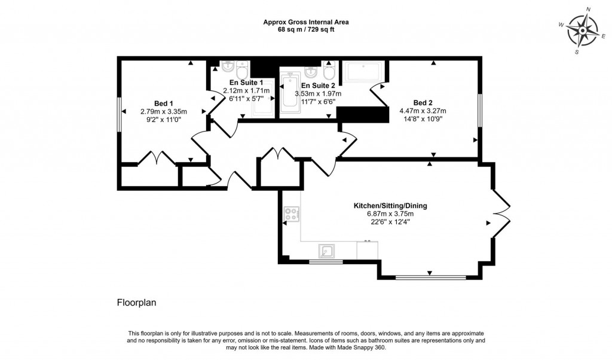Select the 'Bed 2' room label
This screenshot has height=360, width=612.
pos(423,102)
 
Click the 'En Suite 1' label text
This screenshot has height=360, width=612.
pos(246,83)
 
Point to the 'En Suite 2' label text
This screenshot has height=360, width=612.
pos(318,86)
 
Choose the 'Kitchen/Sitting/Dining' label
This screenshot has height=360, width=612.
pos(390,206)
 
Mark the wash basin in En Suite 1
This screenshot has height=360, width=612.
pos(227,66)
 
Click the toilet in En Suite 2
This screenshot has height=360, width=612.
pos(328,71)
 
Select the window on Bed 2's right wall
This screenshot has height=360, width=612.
pos(480,110)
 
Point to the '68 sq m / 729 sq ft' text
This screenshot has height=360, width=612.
pos(306,29)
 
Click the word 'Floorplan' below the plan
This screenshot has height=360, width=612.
pos(136,303)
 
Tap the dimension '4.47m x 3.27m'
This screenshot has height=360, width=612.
pos(423,111)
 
